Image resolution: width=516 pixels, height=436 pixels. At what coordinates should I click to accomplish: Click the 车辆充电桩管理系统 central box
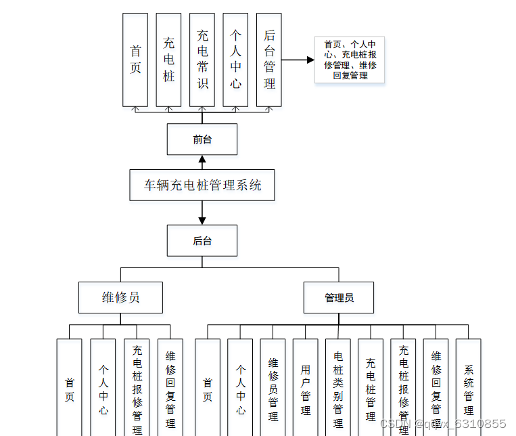coord(202,185)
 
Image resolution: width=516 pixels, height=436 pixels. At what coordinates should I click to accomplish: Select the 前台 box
coord(202,139)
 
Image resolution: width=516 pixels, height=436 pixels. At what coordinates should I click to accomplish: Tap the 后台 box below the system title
coord(202,240)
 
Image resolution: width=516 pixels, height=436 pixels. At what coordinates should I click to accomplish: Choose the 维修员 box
coord(120,297)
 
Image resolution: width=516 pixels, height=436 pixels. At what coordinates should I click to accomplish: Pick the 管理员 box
coord(339,297)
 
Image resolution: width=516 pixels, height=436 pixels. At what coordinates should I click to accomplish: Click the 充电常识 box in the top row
coord(202,60)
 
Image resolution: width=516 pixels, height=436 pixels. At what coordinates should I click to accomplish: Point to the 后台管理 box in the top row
coord(269,60)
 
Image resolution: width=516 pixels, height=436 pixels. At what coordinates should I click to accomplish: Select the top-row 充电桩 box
coord(168,60)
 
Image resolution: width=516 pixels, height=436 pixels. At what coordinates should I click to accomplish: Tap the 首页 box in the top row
coord(135,60)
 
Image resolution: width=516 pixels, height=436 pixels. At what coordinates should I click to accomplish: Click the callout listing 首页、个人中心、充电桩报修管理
coord(350,60)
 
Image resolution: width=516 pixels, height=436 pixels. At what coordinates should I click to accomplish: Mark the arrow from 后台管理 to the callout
coord(298,60)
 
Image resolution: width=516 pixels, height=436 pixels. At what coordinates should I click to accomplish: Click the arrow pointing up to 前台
coord(202,162)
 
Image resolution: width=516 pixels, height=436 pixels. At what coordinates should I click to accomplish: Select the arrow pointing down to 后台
coord(202,213)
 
